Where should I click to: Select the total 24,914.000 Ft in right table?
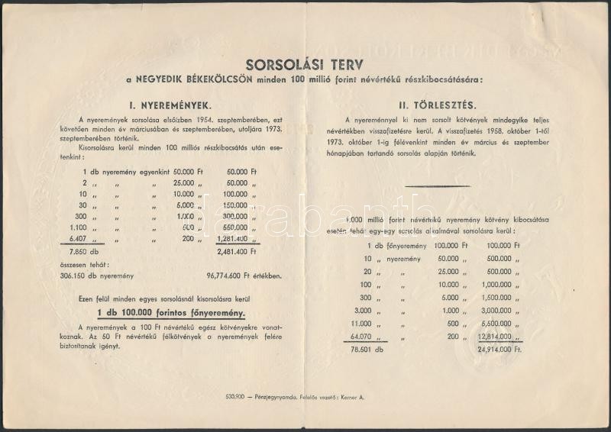coord(496,349)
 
